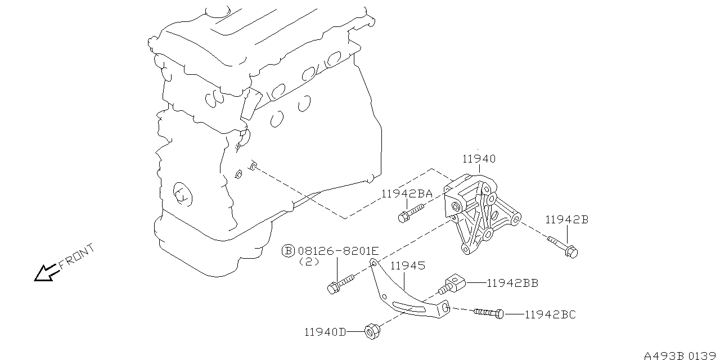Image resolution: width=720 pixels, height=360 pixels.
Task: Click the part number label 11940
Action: (479, 159)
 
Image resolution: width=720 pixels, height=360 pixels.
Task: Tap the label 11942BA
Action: (407, 194)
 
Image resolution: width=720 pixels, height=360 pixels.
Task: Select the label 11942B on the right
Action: (566, 220)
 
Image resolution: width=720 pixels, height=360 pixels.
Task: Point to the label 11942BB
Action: (512, 283)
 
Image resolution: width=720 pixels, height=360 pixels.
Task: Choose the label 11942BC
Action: (550, 315)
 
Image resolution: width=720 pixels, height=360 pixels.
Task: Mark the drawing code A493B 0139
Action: (681, 355)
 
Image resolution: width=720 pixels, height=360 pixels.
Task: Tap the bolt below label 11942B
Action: (564, 247)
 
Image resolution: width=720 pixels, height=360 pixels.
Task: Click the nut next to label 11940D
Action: (371, 331)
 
